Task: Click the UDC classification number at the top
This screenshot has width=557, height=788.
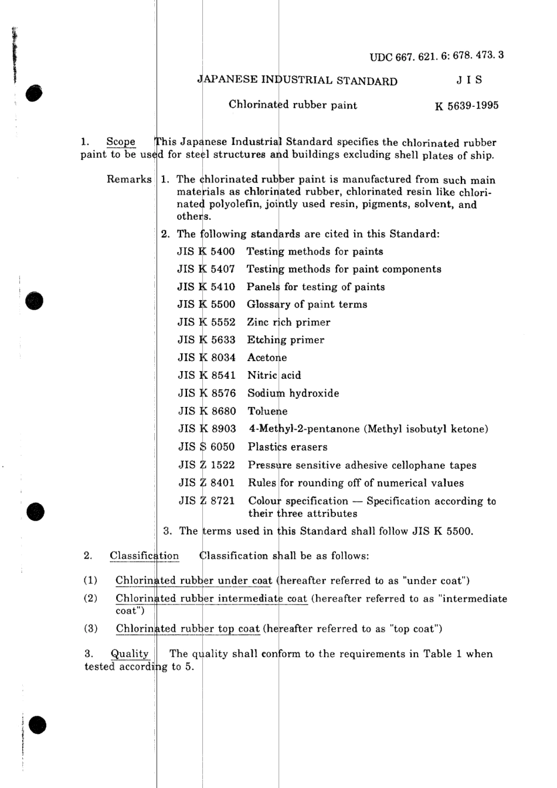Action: click(437, 57)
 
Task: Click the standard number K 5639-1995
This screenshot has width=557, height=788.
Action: click(467, 106)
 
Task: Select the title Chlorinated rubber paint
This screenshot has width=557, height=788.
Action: click(293, 106)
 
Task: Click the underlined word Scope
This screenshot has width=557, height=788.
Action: click(121, 142)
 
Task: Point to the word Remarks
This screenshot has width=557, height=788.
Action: click(129, 179)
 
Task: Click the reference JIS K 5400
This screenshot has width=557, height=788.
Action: click(206, 252)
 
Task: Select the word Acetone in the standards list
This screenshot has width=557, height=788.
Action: click(267, 358)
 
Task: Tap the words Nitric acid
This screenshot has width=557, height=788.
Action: click(274, 375)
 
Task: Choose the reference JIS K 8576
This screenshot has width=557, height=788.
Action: click(207, 393)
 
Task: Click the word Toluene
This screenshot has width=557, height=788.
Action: click(267, 412)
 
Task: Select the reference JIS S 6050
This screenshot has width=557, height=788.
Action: click(207, 447)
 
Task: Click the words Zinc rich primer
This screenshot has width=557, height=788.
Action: click(288, 322)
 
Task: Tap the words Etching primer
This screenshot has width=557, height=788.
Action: click(286, 340)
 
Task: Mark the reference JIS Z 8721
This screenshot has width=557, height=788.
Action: click(207, 501)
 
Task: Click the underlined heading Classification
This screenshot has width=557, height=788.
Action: click(144, 556)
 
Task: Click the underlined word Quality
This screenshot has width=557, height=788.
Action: click(130, 654)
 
